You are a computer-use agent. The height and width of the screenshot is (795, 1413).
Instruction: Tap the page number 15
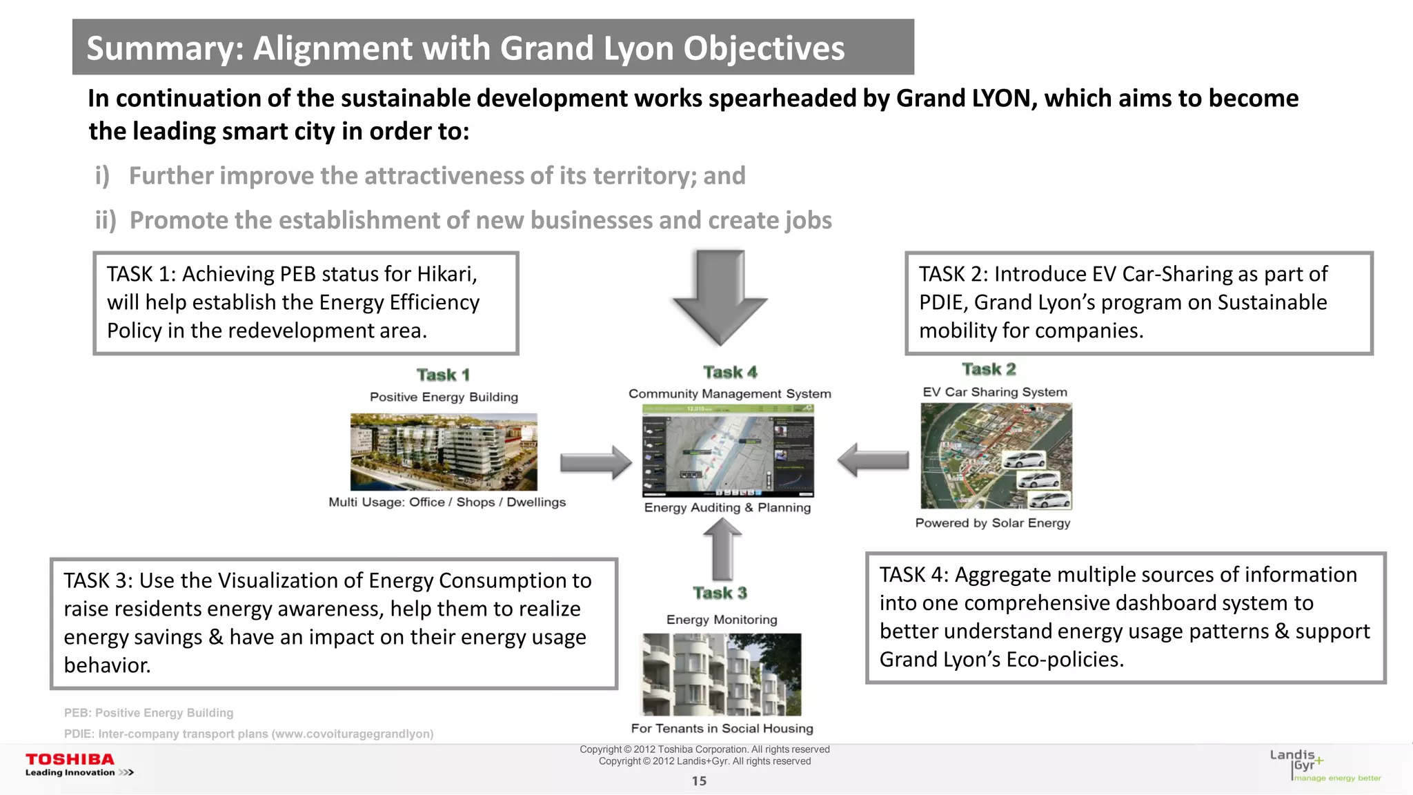699,781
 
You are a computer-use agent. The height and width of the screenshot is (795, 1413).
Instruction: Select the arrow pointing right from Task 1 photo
595,462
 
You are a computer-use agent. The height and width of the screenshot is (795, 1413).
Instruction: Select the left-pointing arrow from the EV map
873,460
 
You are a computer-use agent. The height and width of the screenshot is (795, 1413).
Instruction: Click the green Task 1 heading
443,375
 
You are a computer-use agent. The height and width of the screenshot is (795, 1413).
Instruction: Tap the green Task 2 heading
989,370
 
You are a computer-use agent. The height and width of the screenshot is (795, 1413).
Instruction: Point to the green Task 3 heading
720,593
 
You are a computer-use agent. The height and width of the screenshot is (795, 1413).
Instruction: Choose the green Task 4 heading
730,373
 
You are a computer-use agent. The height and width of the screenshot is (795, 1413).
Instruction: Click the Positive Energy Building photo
444,452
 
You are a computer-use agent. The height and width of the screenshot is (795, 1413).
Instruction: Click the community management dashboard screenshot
728,451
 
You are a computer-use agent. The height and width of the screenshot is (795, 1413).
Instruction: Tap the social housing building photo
722,674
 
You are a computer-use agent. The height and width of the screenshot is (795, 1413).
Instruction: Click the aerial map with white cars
996,456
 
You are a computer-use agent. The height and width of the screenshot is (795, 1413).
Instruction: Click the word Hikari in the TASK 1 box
446,275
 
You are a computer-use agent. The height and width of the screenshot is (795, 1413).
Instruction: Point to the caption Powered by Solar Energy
992,523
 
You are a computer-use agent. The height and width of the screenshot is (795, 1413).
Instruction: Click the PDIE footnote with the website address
248,734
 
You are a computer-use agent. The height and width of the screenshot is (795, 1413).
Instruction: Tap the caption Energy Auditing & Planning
727,508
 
